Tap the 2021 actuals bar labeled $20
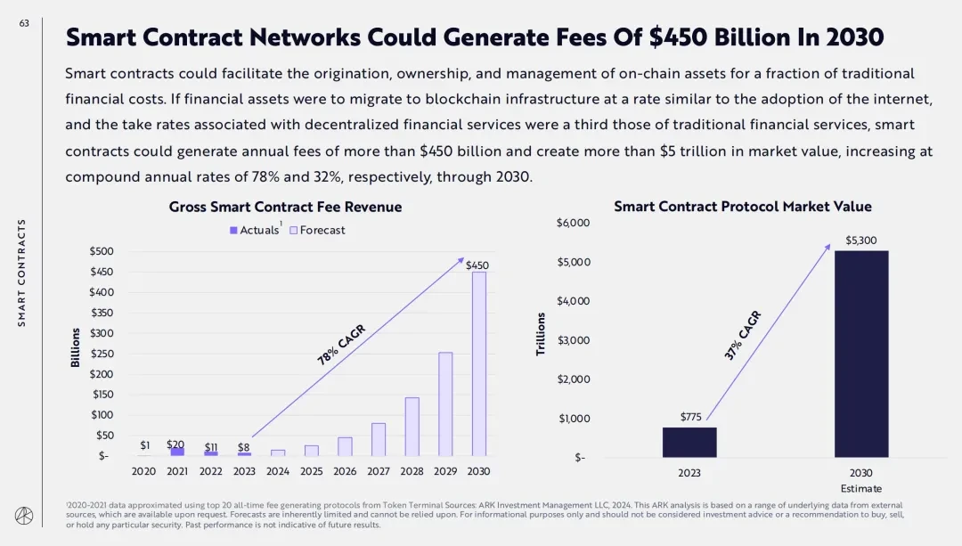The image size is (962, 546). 177,452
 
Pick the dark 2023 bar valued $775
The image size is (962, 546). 689,442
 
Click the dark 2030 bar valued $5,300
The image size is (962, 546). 860,354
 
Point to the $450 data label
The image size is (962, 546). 477,265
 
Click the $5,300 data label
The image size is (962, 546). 860,240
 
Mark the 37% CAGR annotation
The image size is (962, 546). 744,336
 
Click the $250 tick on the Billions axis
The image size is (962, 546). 102,354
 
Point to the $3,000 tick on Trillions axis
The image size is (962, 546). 573,340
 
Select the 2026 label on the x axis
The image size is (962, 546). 345,471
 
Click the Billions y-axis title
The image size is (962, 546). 76,347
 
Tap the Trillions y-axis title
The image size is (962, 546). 541,335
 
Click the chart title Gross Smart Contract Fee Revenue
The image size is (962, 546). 285,207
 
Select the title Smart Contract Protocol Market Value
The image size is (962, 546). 743,207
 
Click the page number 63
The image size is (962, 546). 23,24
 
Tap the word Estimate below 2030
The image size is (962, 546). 860,488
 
